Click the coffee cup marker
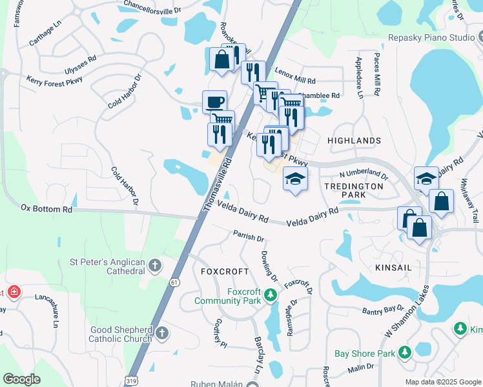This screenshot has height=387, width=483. [214, 102]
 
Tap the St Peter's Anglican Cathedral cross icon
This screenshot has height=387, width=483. [154, 265]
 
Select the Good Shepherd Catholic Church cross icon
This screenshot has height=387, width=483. [161, 333]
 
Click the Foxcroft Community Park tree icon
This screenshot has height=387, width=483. [271, 296]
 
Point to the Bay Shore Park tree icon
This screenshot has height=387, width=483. [405, 353]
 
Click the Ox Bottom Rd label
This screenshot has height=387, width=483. [46, 209]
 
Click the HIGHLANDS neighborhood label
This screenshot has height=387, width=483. [354, 141]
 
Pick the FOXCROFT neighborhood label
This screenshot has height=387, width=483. [225, 272]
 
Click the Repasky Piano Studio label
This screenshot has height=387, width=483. [437, 38]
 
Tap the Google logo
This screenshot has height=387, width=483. [21, 379]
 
